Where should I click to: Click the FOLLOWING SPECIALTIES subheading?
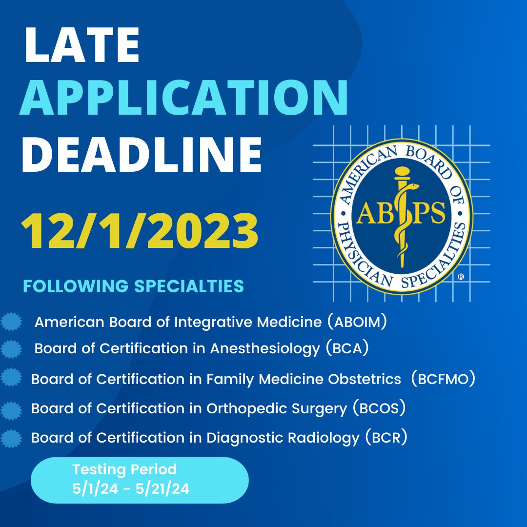[133, 286]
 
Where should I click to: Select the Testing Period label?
[124, 470]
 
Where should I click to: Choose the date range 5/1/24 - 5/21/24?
[130, 488]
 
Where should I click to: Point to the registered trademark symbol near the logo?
[461, 277]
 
